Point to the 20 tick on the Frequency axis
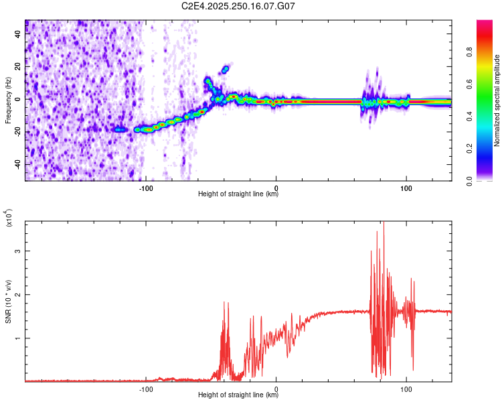point(17,67)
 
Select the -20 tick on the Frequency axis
point(16,132)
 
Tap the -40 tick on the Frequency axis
point(16,164)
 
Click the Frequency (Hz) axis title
point(7,100)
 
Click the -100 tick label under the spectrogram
point(147,188)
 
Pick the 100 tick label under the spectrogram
point(406,188)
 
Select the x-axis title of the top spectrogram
point(238,194)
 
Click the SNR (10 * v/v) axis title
point(8,301)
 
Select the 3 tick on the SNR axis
point(19,251)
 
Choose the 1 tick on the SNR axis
point(19,338)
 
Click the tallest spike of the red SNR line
point(384,224)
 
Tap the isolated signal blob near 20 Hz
point(226,68)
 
